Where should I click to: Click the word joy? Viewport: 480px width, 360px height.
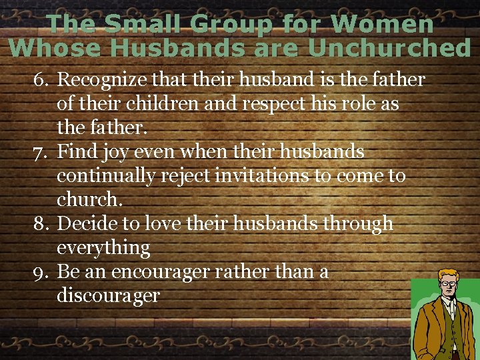click(115, 153)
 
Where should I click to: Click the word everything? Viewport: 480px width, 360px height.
click(103, 249)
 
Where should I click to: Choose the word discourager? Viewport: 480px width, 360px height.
click(109, 296)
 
